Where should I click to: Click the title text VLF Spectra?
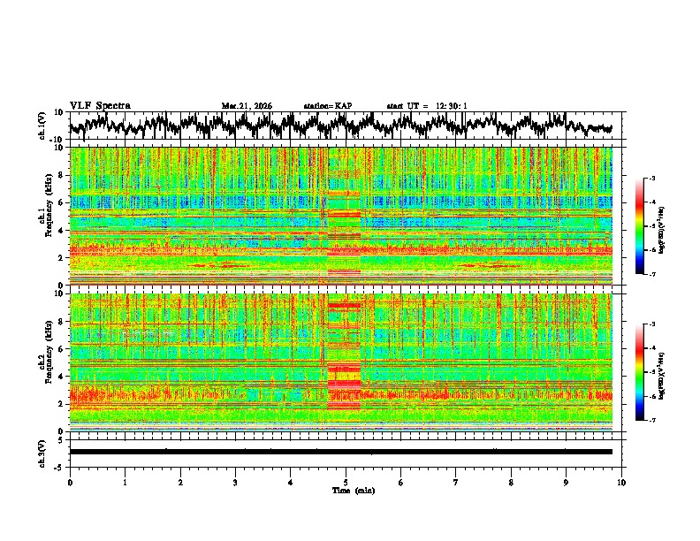coord(100,106)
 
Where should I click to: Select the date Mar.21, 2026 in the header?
coord(247,106)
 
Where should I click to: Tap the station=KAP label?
coord(328,106)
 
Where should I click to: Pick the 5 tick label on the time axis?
coord(346,482)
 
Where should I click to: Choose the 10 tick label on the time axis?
coord(621,482)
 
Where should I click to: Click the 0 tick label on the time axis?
coord(70,482)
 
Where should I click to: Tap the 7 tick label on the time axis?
coord(456,482)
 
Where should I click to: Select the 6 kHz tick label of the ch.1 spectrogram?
coord(62,203)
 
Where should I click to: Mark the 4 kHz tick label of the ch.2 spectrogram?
coord(62,377)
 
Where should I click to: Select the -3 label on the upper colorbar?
coord(651,179)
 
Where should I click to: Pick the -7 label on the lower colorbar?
coord(651,421)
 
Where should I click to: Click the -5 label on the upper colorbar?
coord(651,226)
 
